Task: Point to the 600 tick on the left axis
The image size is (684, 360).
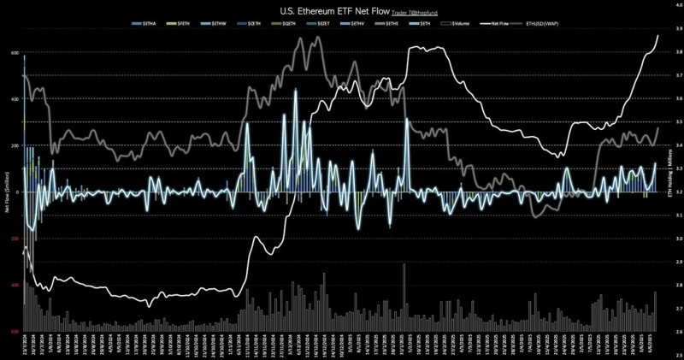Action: coord(15,53)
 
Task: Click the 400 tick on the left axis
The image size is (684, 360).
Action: coord(15,99)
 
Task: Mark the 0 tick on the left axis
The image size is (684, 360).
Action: coord(17,192)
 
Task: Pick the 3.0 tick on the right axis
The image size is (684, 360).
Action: coord(677,239)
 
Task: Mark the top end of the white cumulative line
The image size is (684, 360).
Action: coord(657,35)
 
